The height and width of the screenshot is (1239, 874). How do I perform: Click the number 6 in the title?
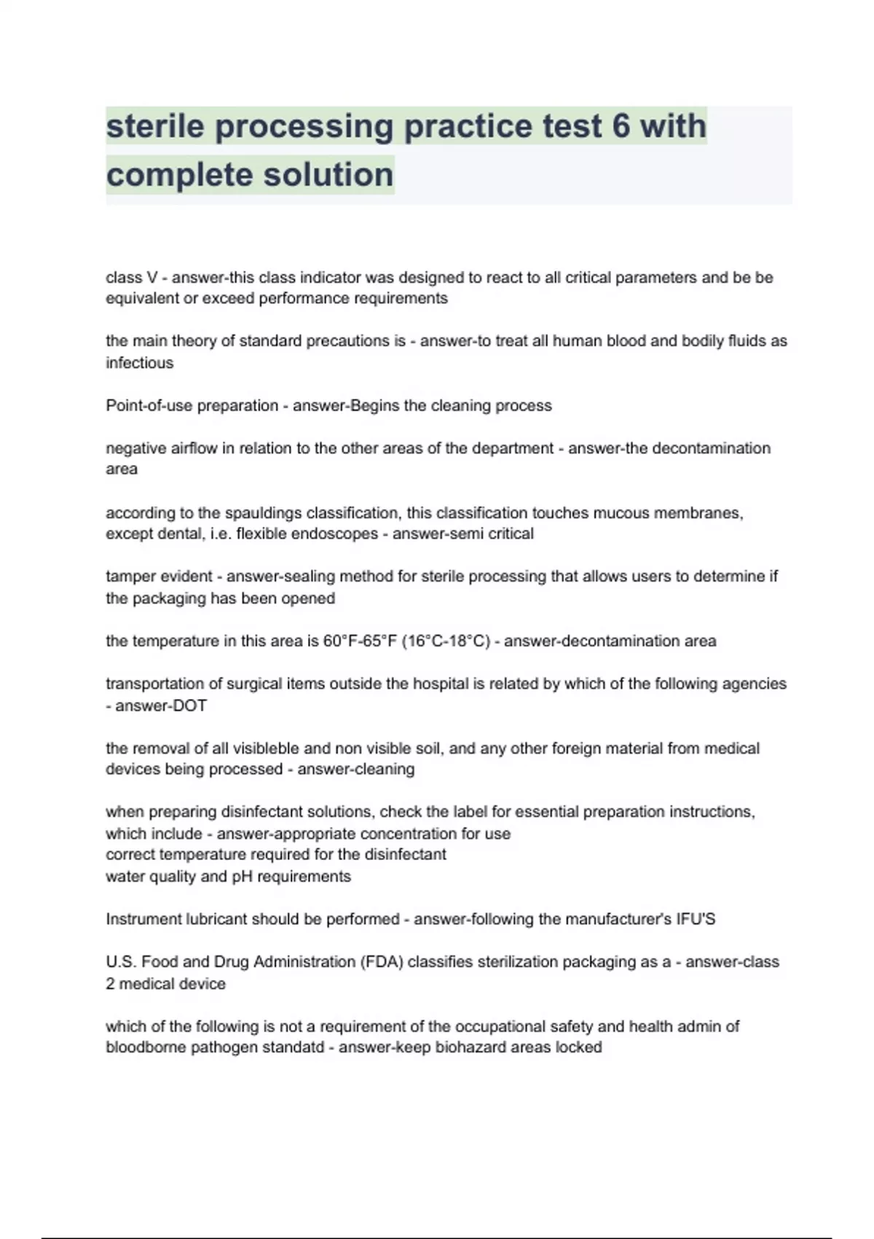coord(621,126)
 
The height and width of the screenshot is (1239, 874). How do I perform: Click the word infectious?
coord(140,363)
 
